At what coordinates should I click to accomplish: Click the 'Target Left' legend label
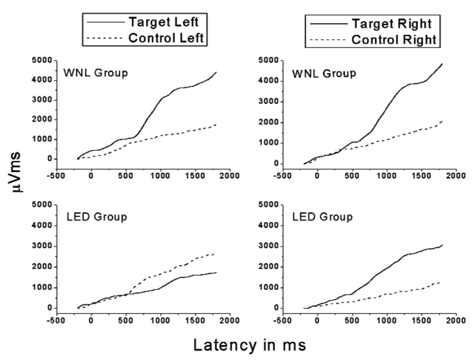tap(164, 22)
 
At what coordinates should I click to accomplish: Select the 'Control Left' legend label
tap(166, 38)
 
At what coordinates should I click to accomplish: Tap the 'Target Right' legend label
tap(392, 24)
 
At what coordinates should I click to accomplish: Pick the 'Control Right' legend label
tap(394, 40)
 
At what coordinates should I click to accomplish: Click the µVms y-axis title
tap(15, 172)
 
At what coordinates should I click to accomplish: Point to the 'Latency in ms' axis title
tap(250, 345)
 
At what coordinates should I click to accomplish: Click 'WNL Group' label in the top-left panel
tap(96, 73)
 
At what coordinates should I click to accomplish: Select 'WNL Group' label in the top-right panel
tap(324, 74)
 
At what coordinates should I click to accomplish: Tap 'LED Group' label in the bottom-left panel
tap(97, 217)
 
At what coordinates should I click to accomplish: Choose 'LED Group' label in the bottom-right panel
tap(322, 217)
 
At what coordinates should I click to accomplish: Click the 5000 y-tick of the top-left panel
tap(42, 60)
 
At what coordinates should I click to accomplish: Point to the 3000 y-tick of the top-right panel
tap(268, 101)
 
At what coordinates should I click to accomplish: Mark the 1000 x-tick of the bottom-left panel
tap(160, 320)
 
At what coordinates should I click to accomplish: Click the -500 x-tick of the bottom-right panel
tap(282, 320)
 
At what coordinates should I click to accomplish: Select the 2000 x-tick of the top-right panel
tap(456, 176)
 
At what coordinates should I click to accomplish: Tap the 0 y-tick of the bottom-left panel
tap(50, 308)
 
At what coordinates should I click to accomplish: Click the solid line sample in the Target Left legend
tap(106, 22)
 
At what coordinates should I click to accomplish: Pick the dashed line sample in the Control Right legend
tap(328, 40)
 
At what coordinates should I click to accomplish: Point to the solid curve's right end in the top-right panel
tap(442, 64)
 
